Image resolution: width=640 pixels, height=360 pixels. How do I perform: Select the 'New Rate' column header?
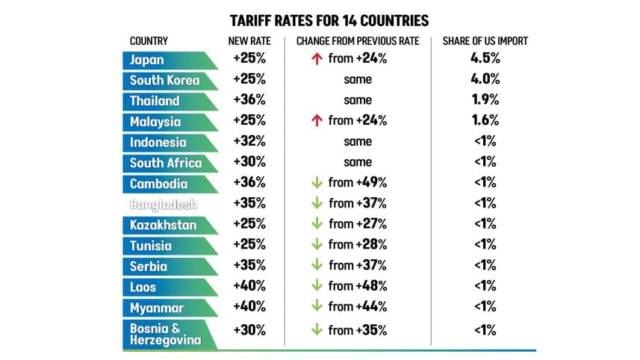coord(249,42)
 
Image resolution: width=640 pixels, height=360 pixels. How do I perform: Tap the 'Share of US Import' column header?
coord(485,42)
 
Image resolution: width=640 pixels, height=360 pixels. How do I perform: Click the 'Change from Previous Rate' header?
coord(358,42)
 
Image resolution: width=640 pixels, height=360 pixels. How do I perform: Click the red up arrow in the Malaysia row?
coord(316,120)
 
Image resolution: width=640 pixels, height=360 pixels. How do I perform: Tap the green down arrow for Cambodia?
coord(316,182)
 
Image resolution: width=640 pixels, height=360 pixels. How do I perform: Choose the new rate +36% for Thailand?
coord(249,100)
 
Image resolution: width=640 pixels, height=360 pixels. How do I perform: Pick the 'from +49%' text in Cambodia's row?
coord(358,182)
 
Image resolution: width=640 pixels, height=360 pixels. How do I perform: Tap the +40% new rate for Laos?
coord(249,286)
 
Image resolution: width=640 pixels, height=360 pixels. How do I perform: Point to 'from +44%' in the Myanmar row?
coord(358,306)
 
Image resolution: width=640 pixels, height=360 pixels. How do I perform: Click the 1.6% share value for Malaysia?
coord(485,120)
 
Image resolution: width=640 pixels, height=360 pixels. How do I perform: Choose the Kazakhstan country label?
coord(164,224)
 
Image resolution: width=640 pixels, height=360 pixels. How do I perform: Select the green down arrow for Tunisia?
coord(316,244)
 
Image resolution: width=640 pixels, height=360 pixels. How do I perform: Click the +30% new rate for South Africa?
coord(249,162)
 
